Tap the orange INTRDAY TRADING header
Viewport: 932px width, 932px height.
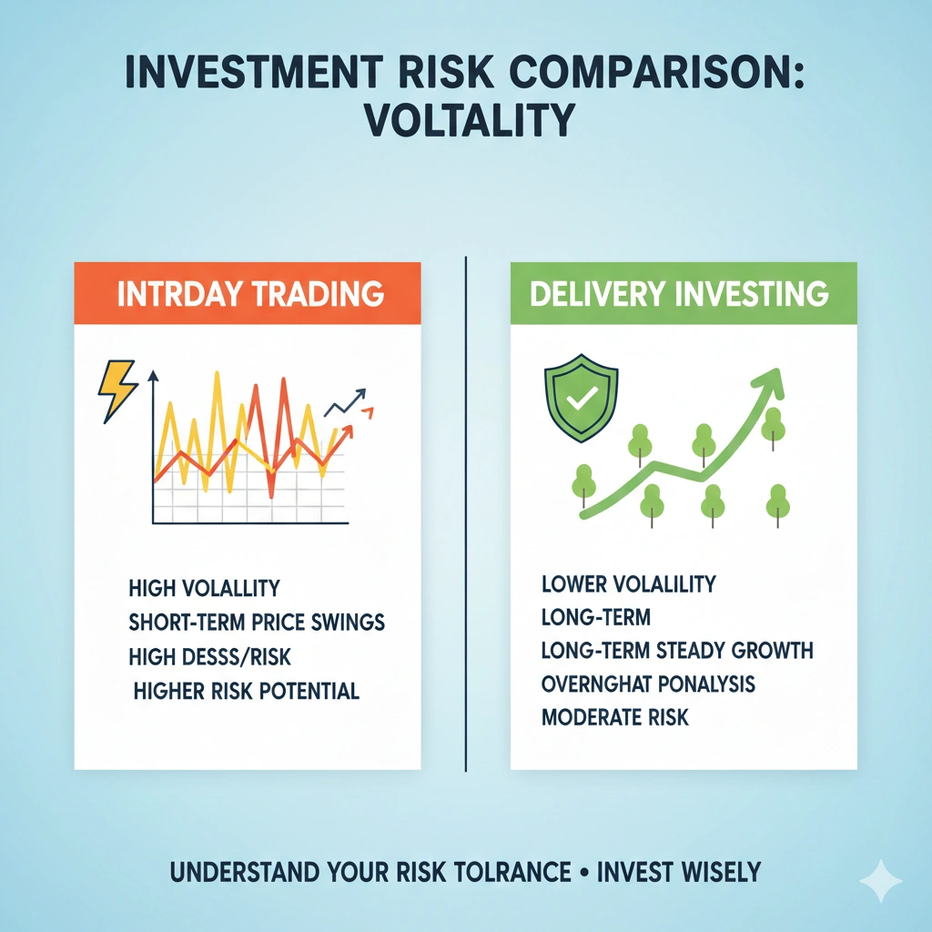tap(247, 293)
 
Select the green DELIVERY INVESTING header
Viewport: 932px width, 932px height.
tap(684, 293)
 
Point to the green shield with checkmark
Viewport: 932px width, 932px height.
tap(580, 398)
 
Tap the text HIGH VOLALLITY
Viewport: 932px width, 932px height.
tap(204, 588)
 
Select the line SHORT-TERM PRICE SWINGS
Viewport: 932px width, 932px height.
tap(257, 623)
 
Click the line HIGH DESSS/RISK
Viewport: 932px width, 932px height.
tap(210, 656)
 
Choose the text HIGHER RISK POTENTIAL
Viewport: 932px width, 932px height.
tap(246, 691)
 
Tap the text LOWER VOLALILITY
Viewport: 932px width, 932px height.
tap(628, 583)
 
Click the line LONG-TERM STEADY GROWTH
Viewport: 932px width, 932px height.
tap(676, 651)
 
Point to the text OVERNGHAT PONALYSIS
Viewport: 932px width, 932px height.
tap(647, 684)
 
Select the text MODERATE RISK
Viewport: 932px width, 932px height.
tap(614, 717)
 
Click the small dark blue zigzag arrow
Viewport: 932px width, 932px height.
tap(346, 401)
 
